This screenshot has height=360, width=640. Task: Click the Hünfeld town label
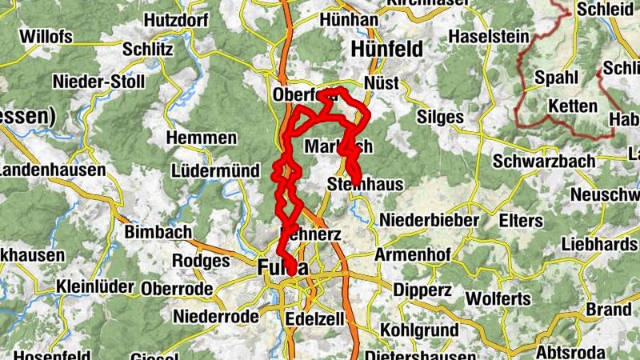click(x=386, y=50)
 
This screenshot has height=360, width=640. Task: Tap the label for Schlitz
click(x=148, y=50)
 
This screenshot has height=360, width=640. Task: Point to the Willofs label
click(x=46, y=37)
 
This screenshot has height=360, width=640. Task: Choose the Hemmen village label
click(x=201, y=138)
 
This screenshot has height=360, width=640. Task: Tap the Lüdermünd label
click(x=215, y=171)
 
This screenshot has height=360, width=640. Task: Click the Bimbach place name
click(x=158, y=233)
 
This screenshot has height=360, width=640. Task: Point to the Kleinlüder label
click(x=94, y=288)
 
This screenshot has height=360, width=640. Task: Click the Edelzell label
click(x=314, y=318)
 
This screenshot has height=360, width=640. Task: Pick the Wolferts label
click(x=497, y=299)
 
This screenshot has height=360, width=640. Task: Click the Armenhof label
click(x=413, y=255)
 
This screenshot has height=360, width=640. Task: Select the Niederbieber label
click(x=430, y=219)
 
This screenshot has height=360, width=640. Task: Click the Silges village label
click(x=440, y=117)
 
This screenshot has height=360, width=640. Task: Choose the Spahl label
click(x=554, y=78)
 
